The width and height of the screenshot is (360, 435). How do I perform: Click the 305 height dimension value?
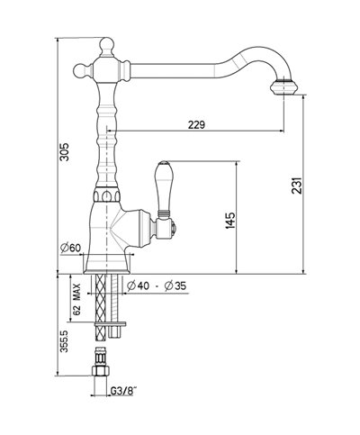click(62, 155)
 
